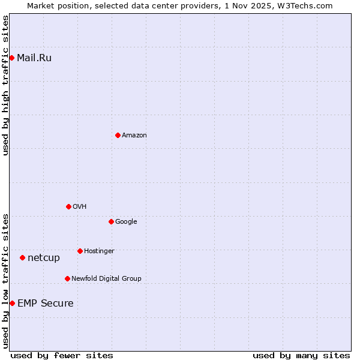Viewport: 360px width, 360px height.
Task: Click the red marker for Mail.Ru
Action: tap(11, 58)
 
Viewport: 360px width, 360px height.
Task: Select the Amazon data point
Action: tap(118, 135)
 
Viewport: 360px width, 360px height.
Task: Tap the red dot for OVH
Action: tap(68, 206)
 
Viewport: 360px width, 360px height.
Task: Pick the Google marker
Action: tap(111, 221)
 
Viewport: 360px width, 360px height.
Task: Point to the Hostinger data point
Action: tap(80, 251)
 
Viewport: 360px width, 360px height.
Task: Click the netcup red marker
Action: tap(22, 257)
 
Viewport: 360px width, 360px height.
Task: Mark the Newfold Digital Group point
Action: tap(67, 278)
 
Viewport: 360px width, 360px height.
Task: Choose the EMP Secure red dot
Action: tap(12, 303)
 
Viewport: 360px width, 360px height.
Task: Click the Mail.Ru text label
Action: tap(34, 58)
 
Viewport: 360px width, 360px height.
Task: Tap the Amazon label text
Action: tap(134, 135)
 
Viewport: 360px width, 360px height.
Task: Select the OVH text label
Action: tap(80, 206)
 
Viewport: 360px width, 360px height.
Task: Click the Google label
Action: tap(126, 221)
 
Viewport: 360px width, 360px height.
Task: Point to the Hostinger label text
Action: tap(99, 251)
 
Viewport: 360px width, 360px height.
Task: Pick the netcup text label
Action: tap(44, 257)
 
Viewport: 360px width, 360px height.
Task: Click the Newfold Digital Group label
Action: tap(106, 278)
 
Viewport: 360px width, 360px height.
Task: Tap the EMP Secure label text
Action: tap(46, 303)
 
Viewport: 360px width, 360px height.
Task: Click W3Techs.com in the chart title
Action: tap(308, 5)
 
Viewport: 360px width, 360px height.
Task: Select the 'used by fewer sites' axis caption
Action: tap(62, 355)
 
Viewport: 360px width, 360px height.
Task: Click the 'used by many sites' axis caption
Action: tap(301, 355)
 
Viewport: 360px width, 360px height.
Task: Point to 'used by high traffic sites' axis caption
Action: tap(5, 85)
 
